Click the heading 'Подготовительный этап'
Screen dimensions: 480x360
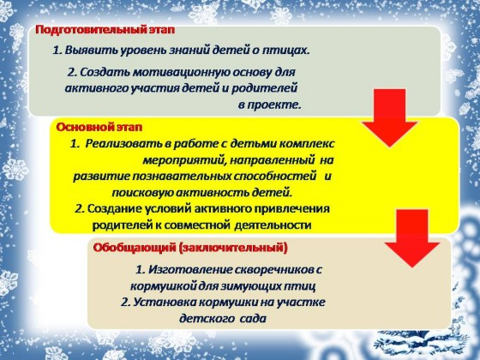(105, 30)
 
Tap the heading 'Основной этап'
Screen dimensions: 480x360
(99, 127)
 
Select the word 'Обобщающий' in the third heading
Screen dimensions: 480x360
(134, 248)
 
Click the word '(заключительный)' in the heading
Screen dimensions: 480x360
(233, 248)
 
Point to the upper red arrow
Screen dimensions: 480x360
(390, 118)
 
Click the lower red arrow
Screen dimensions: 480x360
(412, 238)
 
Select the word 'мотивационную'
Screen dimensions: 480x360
(181, 72)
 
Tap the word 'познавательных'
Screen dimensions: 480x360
(182, 177)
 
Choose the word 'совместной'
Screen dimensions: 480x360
(197, 225)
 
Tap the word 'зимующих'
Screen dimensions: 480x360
(249, 286)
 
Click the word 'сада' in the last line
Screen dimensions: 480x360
(253, 319)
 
